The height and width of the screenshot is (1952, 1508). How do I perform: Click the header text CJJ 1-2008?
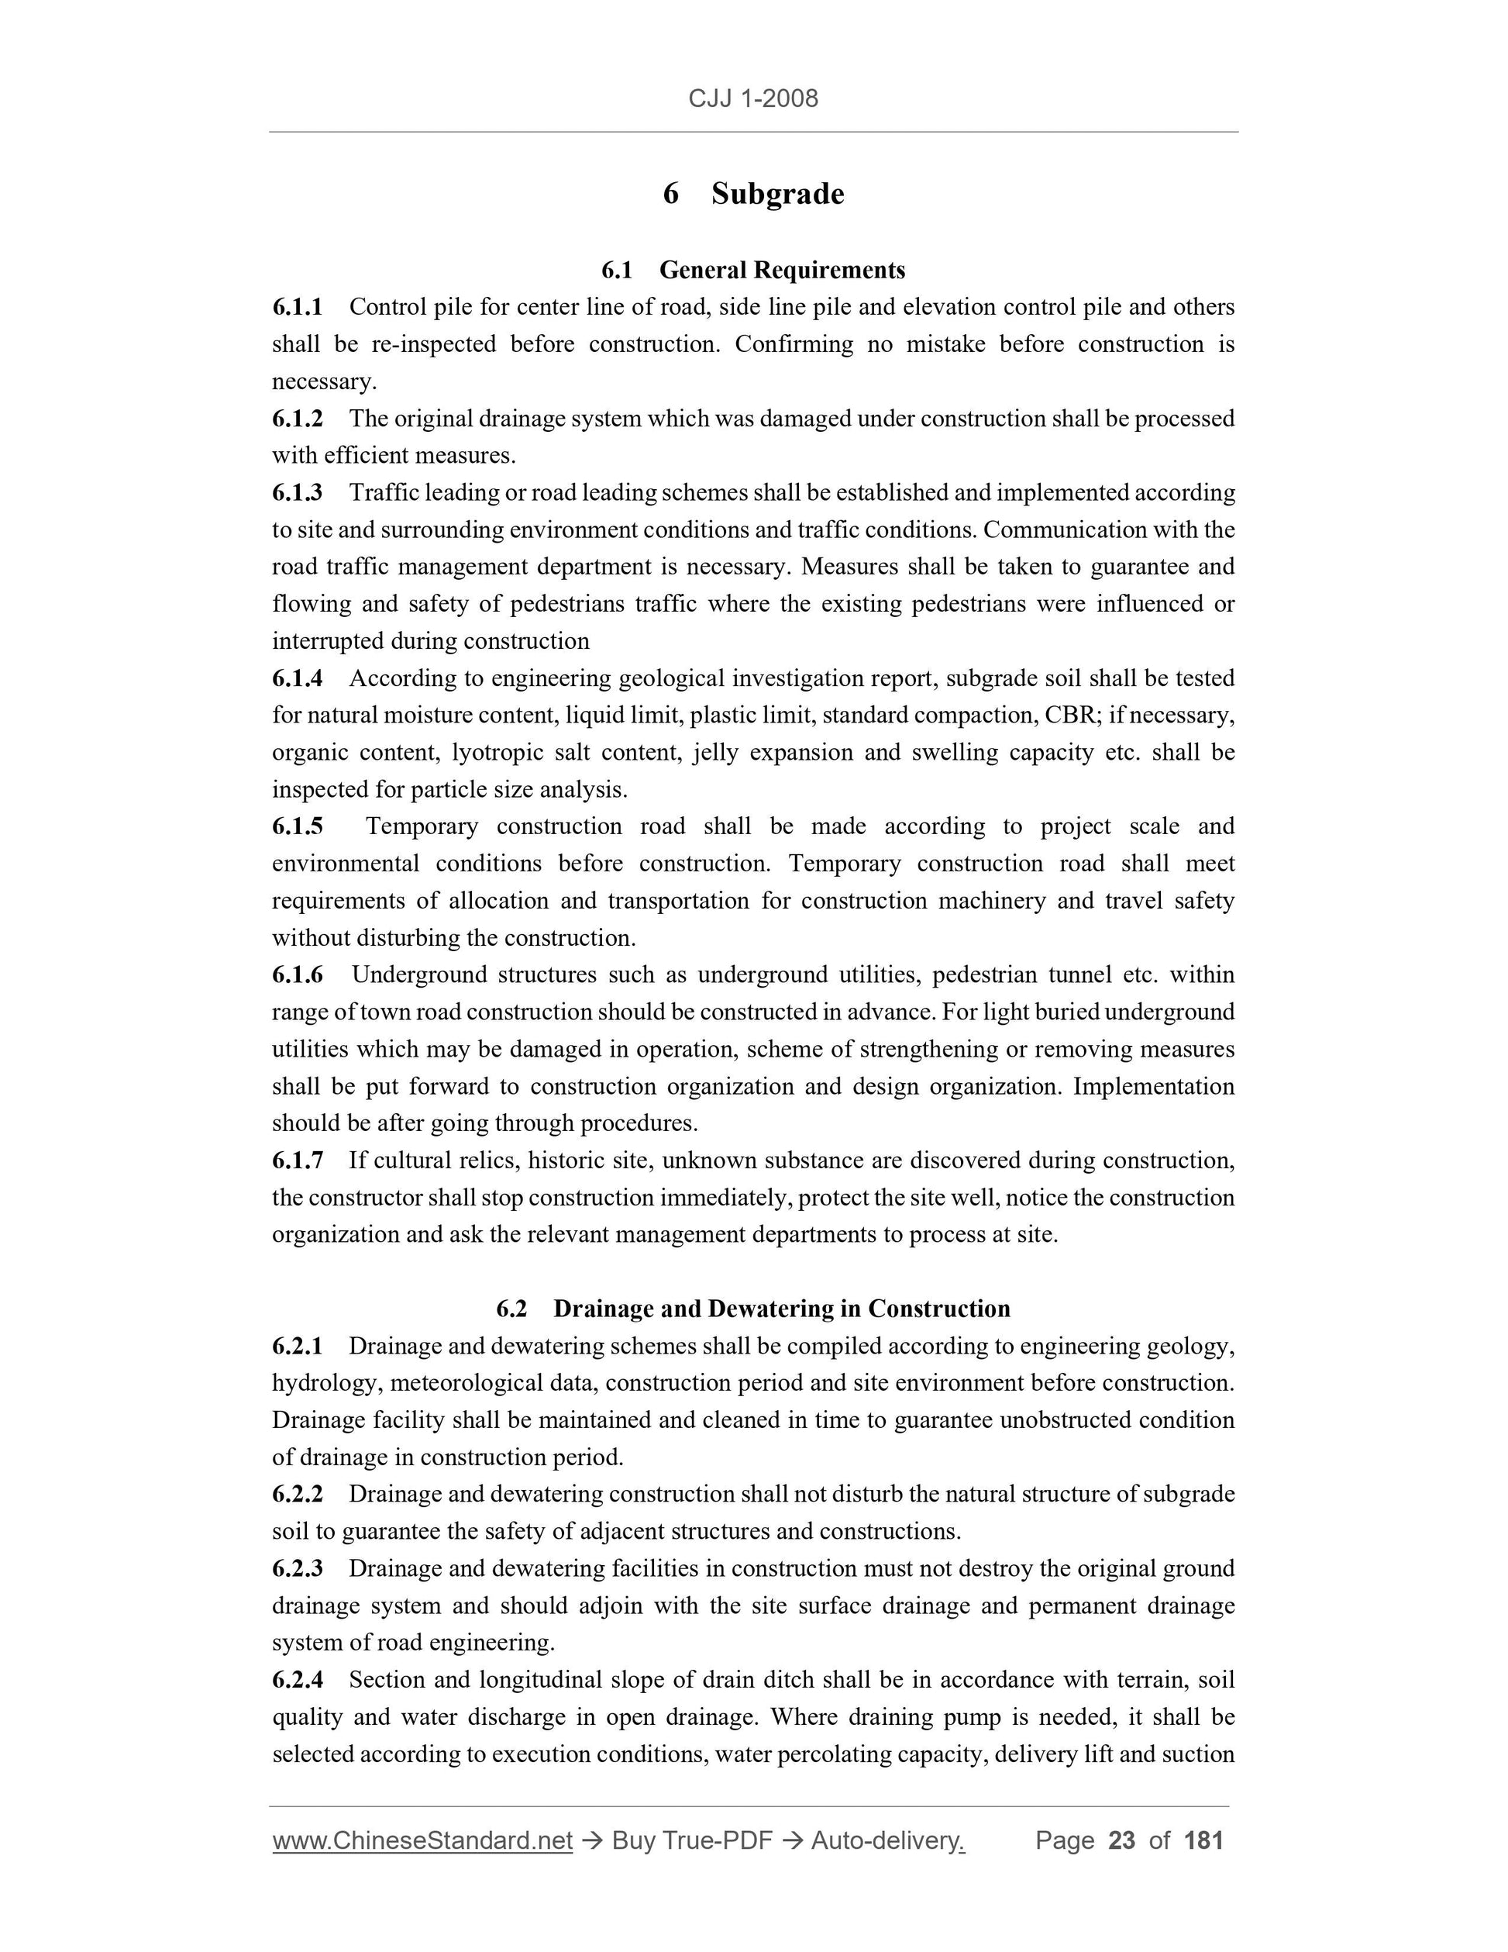pos(753,98)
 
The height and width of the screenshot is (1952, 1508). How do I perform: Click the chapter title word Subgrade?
pos(777,194)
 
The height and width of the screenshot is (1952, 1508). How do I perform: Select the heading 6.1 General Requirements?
pos(753,270)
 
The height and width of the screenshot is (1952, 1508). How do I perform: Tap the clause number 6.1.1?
pos(298,308)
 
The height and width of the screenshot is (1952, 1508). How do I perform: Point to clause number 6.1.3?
pos(298,493)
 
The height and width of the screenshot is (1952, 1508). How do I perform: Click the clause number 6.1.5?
pos(298,826)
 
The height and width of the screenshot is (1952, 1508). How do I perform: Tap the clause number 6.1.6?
pos(298,975)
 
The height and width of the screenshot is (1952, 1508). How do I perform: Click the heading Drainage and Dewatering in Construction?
pos(782,1309)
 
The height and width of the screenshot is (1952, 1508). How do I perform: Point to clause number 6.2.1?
pos(298,1347)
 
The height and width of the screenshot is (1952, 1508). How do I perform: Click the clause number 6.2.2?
pos(298,1495)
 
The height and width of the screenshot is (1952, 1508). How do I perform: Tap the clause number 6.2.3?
pos(298,1568)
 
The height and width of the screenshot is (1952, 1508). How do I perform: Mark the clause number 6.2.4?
pos(298,1681)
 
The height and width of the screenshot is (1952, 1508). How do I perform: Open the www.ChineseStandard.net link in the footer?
pos(422,1841)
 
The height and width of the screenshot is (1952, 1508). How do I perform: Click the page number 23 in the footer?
pos(1121,1841)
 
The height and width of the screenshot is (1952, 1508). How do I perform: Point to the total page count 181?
pos(1203,1841)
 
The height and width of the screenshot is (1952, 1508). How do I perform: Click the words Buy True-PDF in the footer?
pos(691,1841)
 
